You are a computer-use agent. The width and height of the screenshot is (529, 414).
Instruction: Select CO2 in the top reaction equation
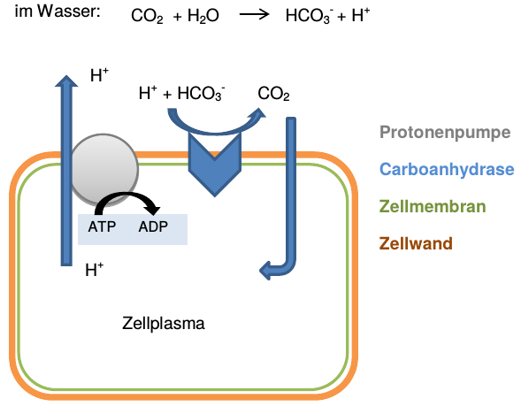[147, 17]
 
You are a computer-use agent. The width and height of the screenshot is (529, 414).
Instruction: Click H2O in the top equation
[205, 17]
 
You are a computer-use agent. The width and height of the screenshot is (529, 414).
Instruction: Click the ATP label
[102, 226]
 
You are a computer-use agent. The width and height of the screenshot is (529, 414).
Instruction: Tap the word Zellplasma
[164, 323]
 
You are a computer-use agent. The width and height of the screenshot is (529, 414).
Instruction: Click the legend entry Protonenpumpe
[445, 134]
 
